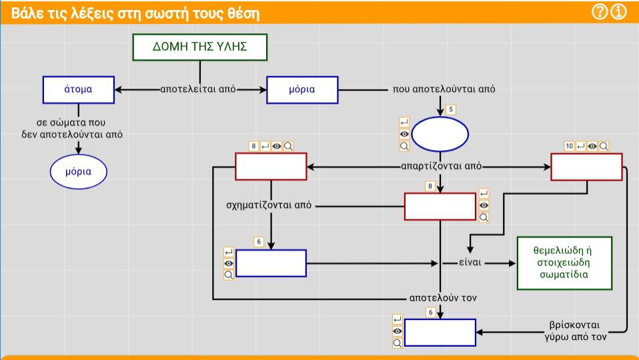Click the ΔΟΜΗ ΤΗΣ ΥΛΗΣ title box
coord(199,47)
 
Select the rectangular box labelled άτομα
coord(78,89)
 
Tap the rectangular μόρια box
coord(302,89)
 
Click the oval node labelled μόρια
coord(78,171)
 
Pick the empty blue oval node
coord(440,134)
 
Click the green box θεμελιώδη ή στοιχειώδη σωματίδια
coord(564,263)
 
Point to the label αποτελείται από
coord(198,89)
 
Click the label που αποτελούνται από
coord(444,89)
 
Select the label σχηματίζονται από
coord(269,205)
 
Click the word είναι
coord(470,263)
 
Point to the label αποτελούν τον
coord(443,298)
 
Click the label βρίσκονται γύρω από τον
coord(576,331)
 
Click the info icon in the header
coord(619,12)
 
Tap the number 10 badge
coord(570,146)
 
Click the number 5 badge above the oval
coord(450,109)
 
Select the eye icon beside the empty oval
coord(404,134)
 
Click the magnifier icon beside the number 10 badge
coord(604,146)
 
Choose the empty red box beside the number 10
coord(586,167)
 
